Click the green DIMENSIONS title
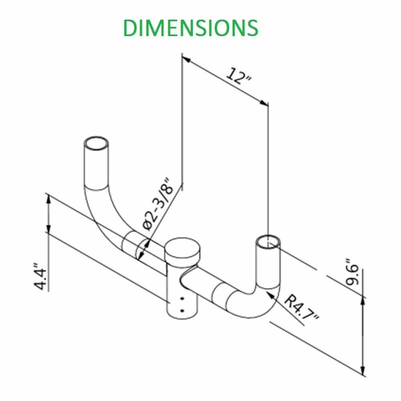(190, 27)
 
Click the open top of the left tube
(96, 143)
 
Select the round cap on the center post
(182, 249)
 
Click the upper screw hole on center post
(182, 299)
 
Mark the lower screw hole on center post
(182, 310)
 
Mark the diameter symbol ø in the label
(147, 225)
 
